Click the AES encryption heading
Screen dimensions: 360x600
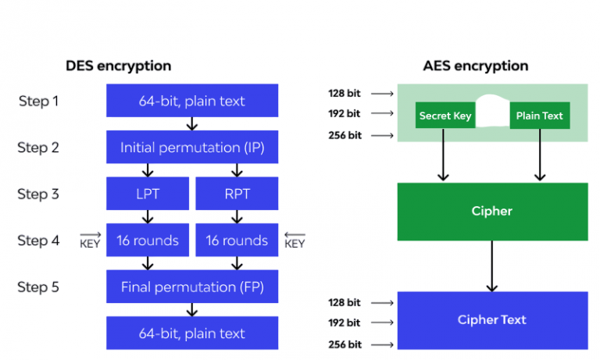tap(475, 66)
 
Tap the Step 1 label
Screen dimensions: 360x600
tap(38, 101)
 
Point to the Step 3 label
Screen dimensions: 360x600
tap(38, 194)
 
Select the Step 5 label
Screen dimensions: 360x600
tap(38, 287)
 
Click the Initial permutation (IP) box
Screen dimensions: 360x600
tap(192, 147)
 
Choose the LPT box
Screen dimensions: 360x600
tap(148, 194)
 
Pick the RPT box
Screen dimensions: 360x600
tap(236, 194)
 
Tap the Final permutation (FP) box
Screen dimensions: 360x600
tap(192, 287)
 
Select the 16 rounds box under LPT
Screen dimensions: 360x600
tap(148, 241)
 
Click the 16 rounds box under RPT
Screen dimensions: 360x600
tap(236, 241)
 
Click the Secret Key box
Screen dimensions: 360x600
tap(445, 116)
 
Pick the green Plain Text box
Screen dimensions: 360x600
tap(539, 116)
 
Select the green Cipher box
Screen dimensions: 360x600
tap(492, 211)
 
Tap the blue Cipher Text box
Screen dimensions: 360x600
tap(492, 319)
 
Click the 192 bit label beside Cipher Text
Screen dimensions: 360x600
tap(344, 323)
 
